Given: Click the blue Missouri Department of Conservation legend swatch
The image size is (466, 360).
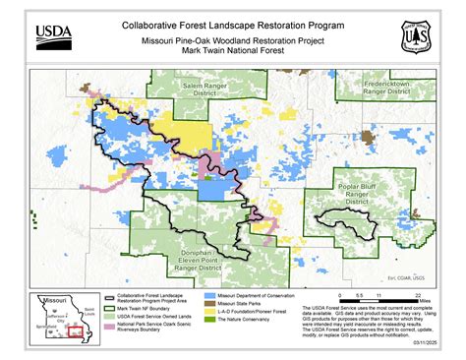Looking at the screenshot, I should (209, 295).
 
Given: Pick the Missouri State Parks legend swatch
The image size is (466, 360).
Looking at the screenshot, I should (209, 304).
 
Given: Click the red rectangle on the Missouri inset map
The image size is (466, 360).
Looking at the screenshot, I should (75, 330).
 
